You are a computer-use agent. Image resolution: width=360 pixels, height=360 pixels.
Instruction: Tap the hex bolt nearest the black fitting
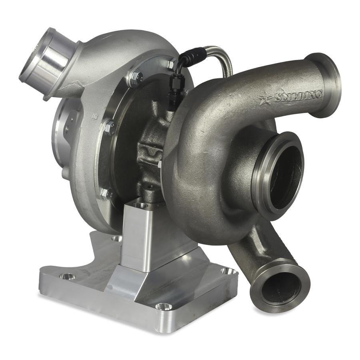coord(171,64)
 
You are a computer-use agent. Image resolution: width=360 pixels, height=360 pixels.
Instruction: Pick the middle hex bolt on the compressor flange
coord(108,128)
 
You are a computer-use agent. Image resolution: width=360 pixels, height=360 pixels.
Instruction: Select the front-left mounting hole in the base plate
coord(67,276)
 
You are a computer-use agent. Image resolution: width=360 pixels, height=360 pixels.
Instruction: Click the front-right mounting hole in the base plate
coord(164,306)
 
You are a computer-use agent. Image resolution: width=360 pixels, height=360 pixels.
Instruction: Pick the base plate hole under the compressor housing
coord(117,239)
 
